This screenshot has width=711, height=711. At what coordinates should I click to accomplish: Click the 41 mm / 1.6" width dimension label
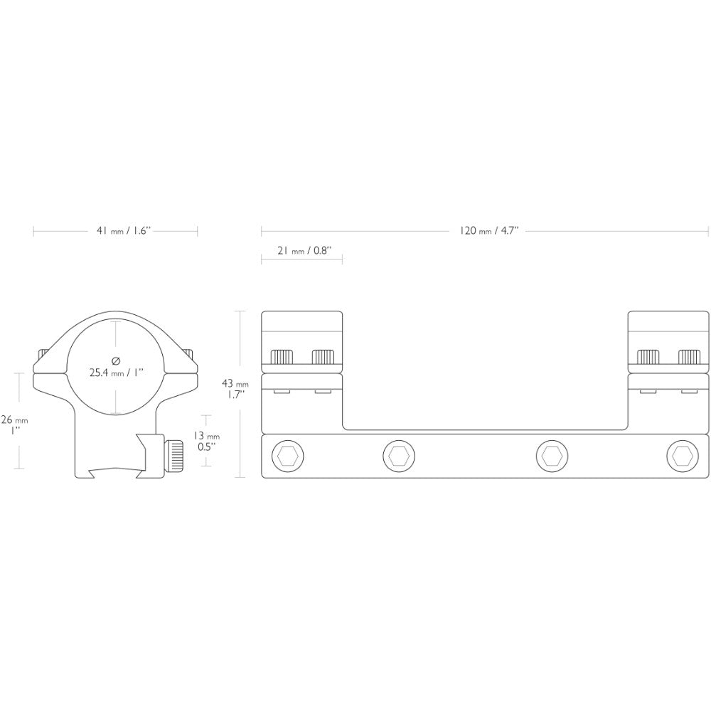click(x=123, y=231)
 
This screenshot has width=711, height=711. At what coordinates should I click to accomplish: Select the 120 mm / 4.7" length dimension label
click(x=488, y=231)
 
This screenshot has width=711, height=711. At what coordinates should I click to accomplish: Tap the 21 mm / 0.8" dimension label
click(x=304, y=250)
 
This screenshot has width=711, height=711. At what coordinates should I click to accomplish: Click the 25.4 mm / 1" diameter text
click(x=116, y=373)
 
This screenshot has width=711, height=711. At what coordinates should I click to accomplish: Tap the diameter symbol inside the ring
click(x=116, y=361)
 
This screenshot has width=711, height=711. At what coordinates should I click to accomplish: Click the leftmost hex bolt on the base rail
click(x=287, y=455)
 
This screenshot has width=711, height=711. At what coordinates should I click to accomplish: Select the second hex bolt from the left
click(x=400, y=455)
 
